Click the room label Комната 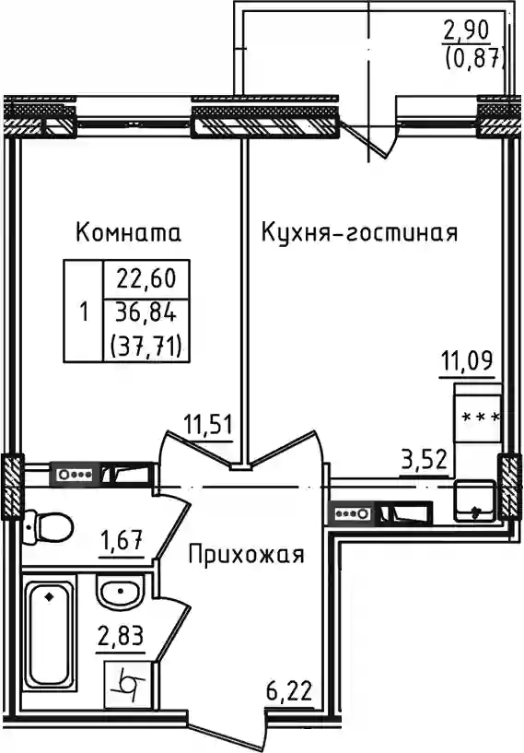pyautogui.click(x=128, y=233)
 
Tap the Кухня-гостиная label pyautogui.click(x=359, y=233)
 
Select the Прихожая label pyautogui.click(x=246, y=556)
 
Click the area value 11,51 pyautogui.click(x=208, y=426)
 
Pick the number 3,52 pyautogui.click(x=425, y=460)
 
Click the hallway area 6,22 pyautogui.click(x=289, y=692)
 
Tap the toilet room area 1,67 pyautogui.click(x=121, y=541)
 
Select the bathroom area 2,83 pyautogui.click(x=120, y=637)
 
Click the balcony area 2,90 pyautogui.click(x=466, y=30)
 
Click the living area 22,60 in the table pyautogui.click(x=146, y=279)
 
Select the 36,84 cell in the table pyautogui.click(x=146, y=314)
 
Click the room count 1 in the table pyautogui.click(x=84, y=313)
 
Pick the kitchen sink pyautogui.click(x=474, y=500)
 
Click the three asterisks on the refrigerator pyautogui.click(x=481, y=418)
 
